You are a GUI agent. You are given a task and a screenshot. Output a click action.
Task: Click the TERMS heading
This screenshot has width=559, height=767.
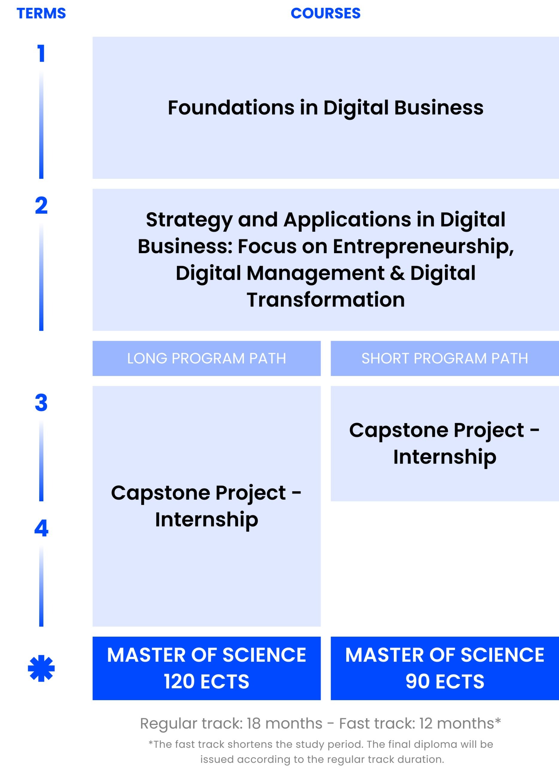41,13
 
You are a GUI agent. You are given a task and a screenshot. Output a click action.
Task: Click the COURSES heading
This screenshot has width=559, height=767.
326,13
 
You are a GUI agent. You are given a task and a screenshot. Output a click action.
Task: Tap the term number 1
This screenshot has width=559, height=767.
41,54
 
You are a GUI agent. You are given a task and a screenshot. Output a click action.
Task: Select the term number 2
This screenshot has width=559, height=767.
41,206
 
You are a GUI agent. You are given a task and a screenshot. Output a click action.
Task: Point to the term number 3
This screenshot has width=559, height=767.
41,403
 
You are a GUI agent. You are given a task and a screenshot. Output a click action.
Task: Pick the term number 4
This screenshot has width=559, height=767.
41,528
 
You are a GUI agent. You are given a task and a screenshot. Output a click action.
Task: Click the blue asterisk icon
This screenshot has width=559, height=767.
41,668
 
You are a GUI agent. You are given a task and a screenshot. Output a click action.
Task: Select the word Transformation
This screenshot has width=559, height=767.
326,300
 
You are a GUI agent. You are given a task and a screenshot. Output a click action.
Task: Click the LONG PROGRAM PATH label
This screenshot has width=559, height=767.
206,358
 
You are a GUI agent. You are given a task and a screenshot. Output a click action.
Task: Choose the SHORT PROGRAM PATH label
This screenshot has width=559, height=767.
445,358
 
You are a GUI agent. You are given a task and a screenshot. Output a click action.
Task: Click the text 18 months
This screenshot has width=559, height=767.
284,724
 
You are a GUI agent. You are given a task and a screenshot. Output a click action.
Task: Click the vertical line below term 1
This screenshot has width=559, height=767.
41,125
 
